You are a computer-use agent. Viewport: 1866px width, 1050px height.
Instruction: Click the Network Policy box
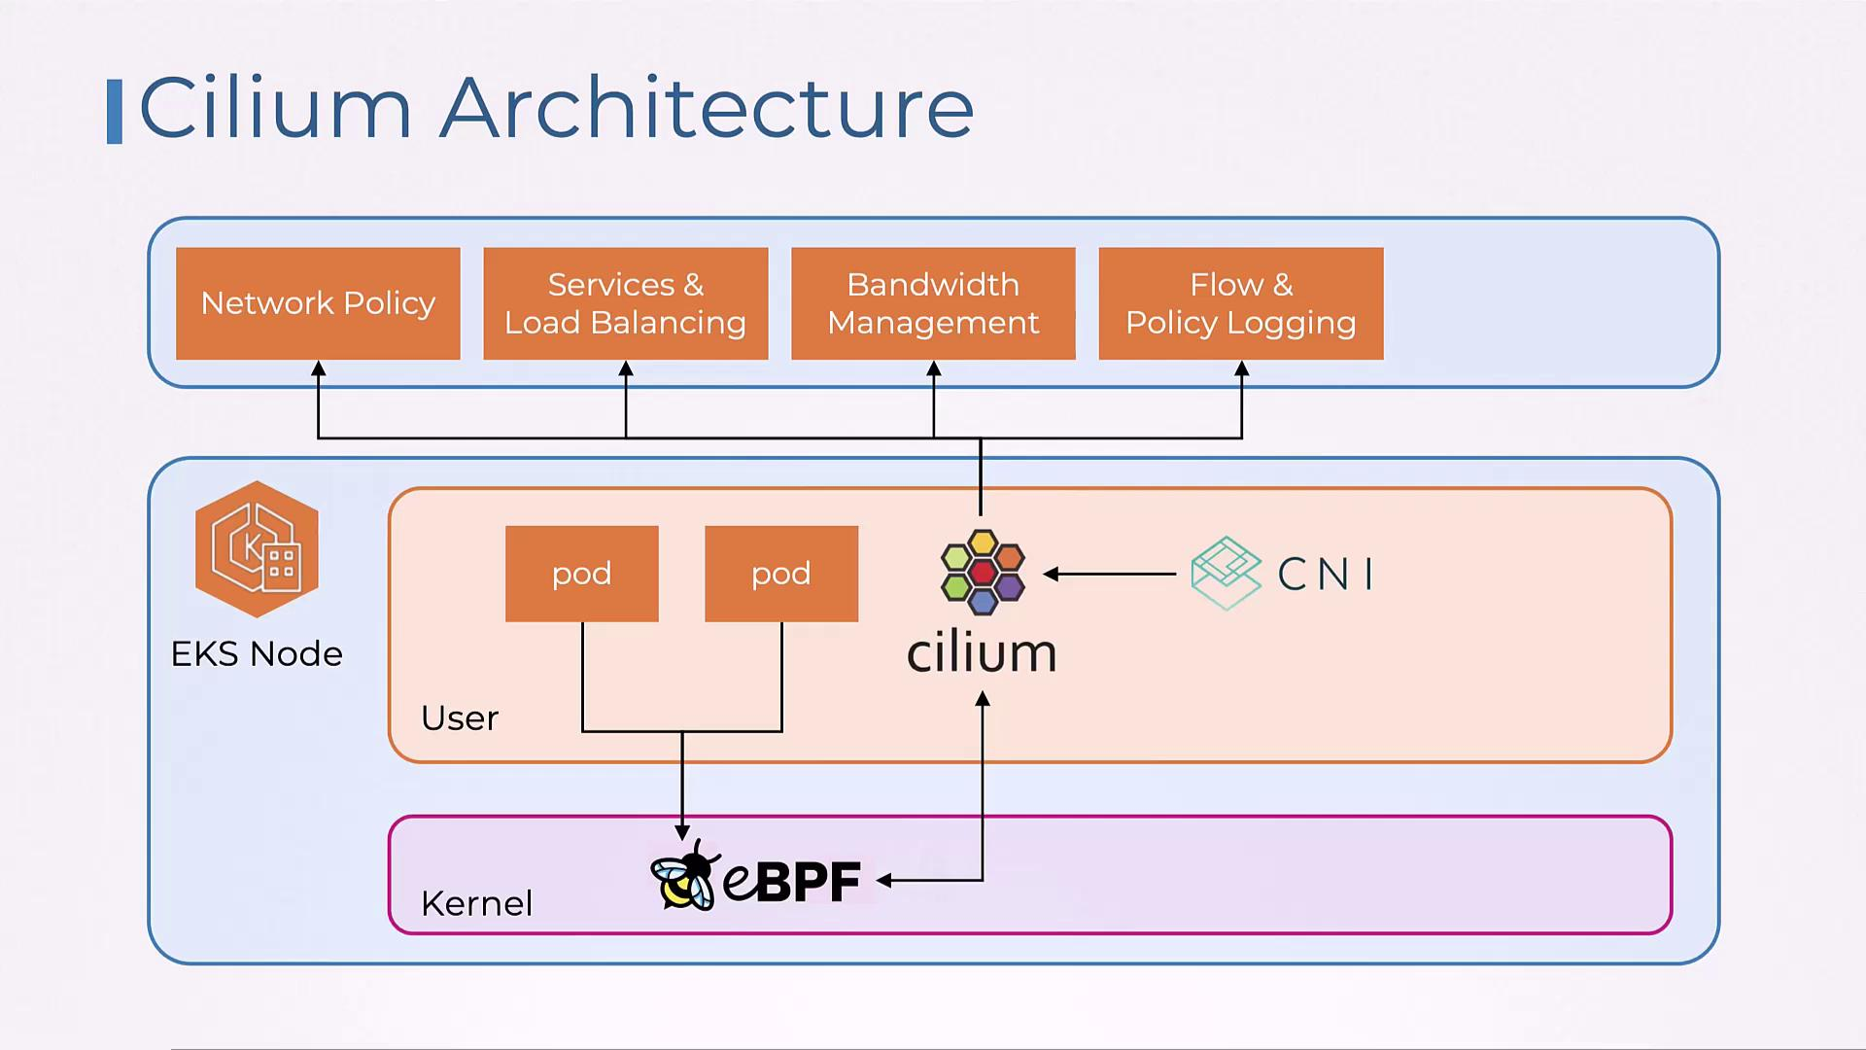point(318,303)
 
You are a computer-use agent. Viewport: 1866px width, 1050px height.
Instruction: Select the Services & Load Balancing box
point(625,303)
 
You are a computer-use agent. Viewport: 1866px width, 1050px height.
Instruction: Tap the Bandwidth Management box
point(933,303)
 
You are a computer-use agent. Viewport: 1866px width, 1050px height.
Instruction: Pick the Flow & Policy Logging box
point(1240,303)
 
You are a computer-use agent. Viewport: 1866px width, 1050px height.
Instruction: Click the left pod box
point(581,574)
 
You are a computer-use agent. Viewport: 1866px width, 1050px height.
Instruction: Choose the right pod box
point(780,574)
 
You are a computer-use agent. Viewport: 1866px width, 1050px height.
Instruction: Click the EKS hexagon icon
point(257,549)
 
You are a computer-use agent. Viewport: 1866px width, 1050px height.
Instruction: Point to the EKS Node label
point(257,654)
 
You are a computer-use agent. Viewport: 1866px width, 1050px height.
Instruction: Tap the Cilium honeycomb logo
point(982,572)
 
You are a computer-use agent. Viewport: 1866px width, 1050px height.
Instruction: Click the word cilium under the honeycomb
point(982,653)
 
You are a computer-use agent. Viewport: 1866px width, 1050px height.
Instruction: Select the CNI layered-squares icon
point(1226,573)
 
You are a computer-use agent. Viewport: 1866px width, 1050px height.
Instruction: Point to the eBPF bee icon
point(684,877)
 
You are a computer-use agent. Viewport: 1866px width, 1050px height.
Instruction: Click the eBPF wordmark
point(792,881)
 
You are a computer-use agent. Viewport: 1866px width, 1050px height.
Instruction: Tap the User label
point(459,718)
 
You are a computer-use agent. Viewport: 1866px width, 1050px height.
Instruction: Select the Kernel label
point(476,904)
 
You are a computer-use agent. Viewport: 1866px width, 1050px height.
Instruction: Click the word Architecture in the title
point(707,108)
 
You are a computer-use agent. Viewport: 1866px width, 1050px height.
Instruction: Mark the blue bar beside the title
point(115,112)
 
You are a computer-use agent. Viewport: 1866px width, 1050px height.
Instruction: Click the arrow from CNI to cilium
point(1110,575)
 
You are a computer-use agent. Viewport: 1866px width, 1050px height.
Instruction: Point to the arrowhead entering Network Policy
point(318,368)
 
